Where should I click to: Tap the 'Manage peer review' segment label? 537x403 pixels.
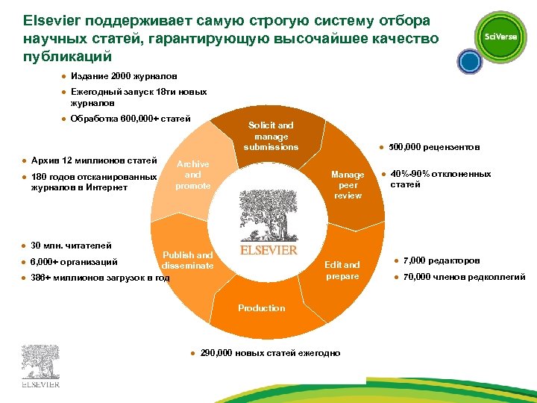(x=348, y=185)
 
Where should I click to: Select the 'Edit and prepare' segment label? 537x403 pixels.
(x=342, y=270)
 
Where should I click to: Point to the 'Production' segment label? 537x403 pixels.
(x=261, y=308)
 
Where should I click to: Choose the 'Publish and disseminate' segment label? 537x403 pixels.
(x=187, y=260)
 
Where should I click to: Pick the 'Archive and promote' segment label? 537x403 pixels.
(x=192, y=175)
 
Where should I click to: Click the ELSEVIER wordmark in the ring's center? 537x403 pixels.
(x=268, y=250)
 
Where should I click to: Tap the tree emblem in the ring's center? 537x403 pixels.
(x=268, y=214)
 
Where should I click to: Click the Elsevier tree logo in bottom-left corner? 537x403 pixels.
(x=40, y=366)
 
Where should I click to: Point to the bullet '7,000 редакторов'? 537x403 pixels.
(x=441, y=261)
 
